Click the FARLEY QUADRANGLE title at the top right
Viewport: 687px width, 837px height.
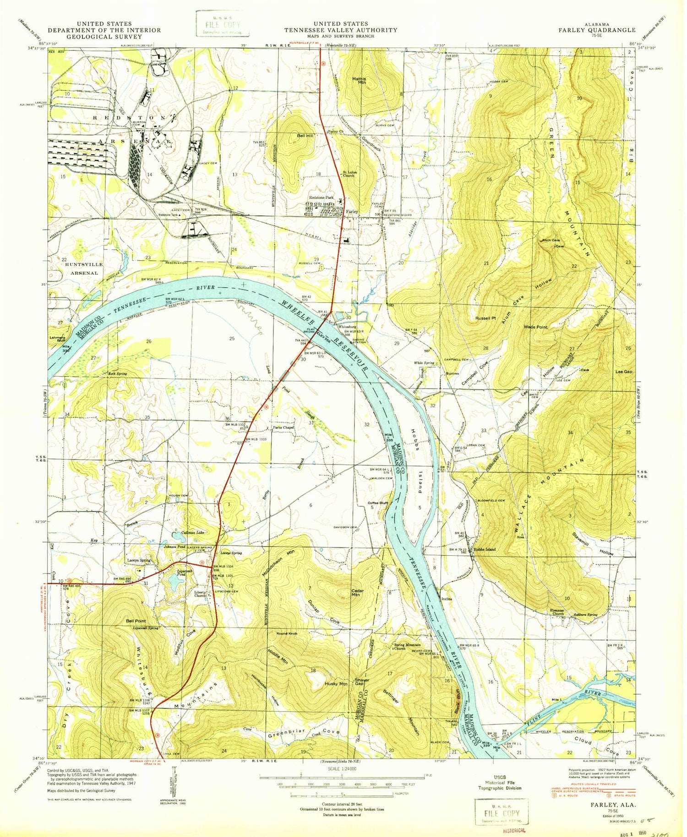coord(596,30)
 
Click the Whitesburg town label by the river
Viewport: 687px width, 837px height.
coord(347,327)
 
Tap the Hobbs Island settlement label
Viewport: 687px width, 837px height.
coord(485,549)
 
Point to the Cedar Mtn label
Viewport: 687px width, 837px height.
coord(357,593)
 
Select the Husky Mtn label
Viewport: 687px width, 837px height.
coord(336,684)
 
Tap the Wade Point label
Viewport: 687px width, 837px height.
coord(535,327)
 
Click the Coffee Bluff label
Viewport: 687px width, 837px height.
coord(378,503)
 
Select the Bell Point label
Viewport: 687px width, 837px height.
coord(136,621)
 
